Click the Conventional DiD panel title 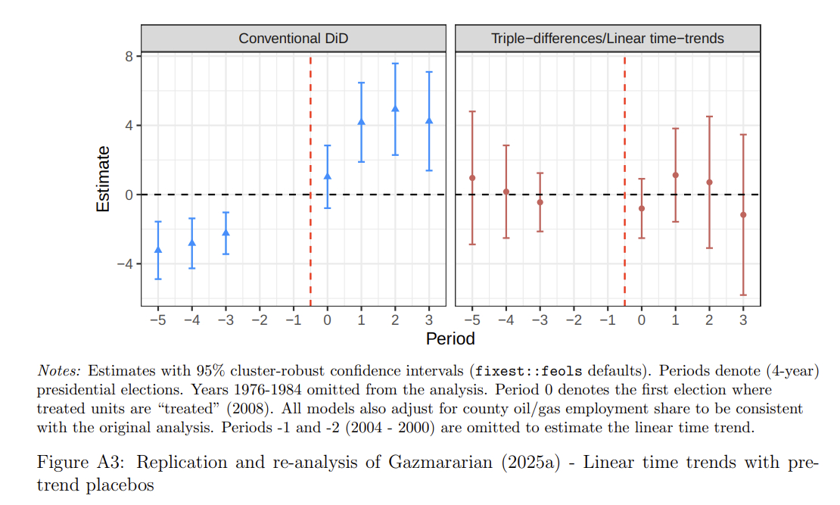[x=294, y=39]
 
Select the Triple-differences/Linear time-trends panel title [x=608, y=39]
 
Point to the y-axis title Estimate [x=103, y=179]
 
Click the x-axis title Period [x=450, y=338]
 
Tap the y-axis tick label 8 [x=129, y=56]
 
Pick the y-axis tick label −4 [x=126, y=263]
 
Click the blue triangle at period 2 [x=395, y=108]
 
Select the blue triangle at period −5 [x=158, y=249]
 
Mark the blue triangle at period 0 [x=328, y=176]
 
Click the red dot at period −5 [x=472, y=178]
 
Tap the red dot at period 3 [x=743, y=215]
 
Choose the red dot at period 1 [x=675, y=175]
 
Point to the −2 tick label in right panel [x=574, y=320]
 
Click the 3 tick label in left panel [x=429, y=320]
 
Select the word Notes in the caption [x=59, y=371]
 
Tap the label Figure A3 [x=72, y=463]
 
